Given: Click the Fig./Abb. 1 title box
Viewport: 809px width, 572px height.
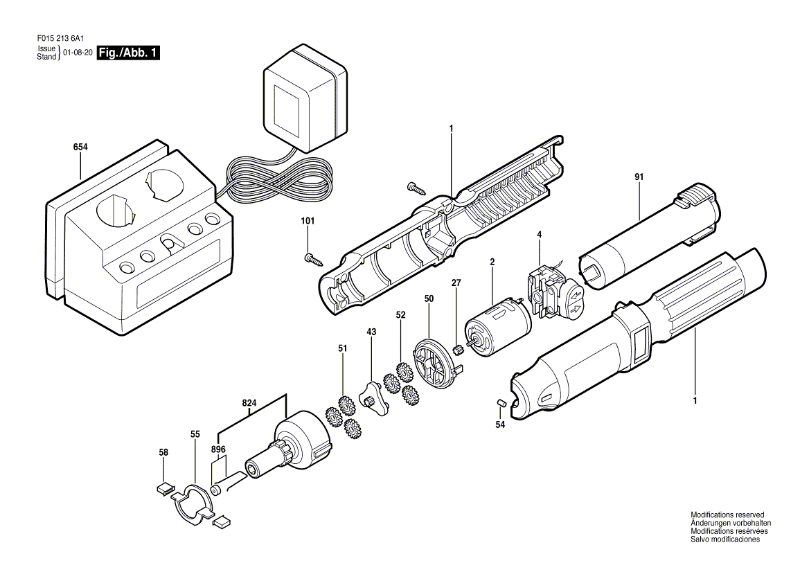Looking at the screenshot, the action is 128,53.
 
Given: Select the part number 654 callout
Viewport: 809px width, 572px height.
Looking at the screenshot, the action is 80,147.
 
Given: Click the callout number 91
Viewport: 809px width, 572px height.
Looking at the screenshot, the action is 639,177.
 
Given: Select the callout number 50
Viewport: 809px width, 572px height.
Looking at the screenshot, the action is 429,298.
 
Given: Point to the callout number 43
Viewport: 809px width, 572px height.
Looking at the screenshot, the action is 371,332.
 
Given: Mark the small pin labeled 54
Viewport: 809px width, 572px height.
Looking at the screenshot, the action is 501,403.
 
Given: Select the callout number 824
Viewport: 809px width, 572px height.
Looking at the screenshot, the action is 250,402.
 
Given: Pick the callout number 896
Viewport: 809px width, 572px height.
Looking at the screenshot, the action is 218,449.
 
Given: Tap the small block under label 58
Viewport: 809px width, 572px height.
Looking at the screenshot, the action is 165,488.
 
